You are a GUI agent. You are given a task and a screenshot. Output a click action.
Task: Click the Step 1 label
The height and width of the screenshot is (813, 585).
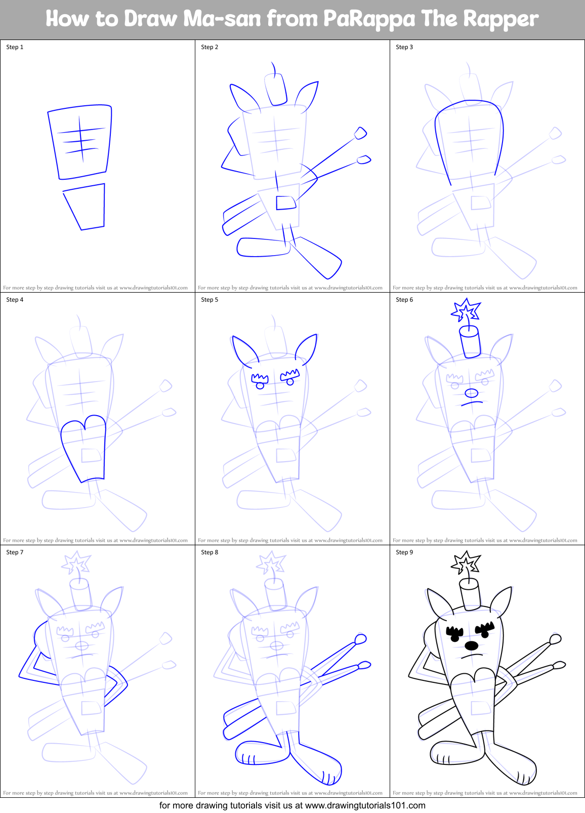point(15,47)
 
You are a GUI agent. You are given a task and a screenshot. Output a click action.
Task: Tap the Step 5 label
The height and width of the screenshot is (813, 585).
point(210,300)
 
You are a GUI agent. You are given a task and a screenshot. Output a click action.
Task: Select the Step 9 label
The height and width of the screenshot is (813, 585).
point(404,552)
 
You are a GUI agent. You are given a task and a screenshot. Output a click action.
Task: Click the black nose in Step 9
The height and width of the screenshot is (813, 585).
point(471,645)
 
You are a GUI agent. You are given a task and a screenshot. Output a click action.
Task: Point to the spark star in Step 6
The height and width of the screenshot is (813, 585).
point(466,309)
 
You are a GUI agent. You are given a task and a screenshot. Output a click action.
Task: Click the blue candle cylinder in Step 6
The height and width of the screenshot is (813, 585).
point(470,342)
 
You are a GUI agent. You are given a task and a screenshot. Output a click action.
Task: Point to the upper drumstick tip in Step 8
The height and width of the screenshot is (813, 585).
point(360,639)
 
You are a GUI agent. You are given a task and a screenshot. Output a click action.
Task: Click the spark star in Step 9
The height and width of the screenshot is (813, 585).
point(466,562)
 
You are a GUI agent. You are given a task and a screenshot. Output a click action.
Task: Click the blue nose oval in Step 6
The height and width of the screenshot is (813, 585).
point(471,393)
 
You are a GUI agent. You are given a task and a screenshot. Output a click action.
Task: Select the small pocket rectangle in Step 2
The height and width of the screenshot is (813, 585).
point(285,202)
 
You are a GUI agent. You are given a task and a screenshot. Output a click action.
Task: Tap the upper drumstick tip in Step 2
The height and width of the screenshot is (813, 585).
point(360,134)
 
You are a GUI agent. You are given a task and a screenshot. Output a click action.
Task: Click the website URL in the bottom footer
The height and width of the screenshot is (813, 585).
point(365,805)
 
